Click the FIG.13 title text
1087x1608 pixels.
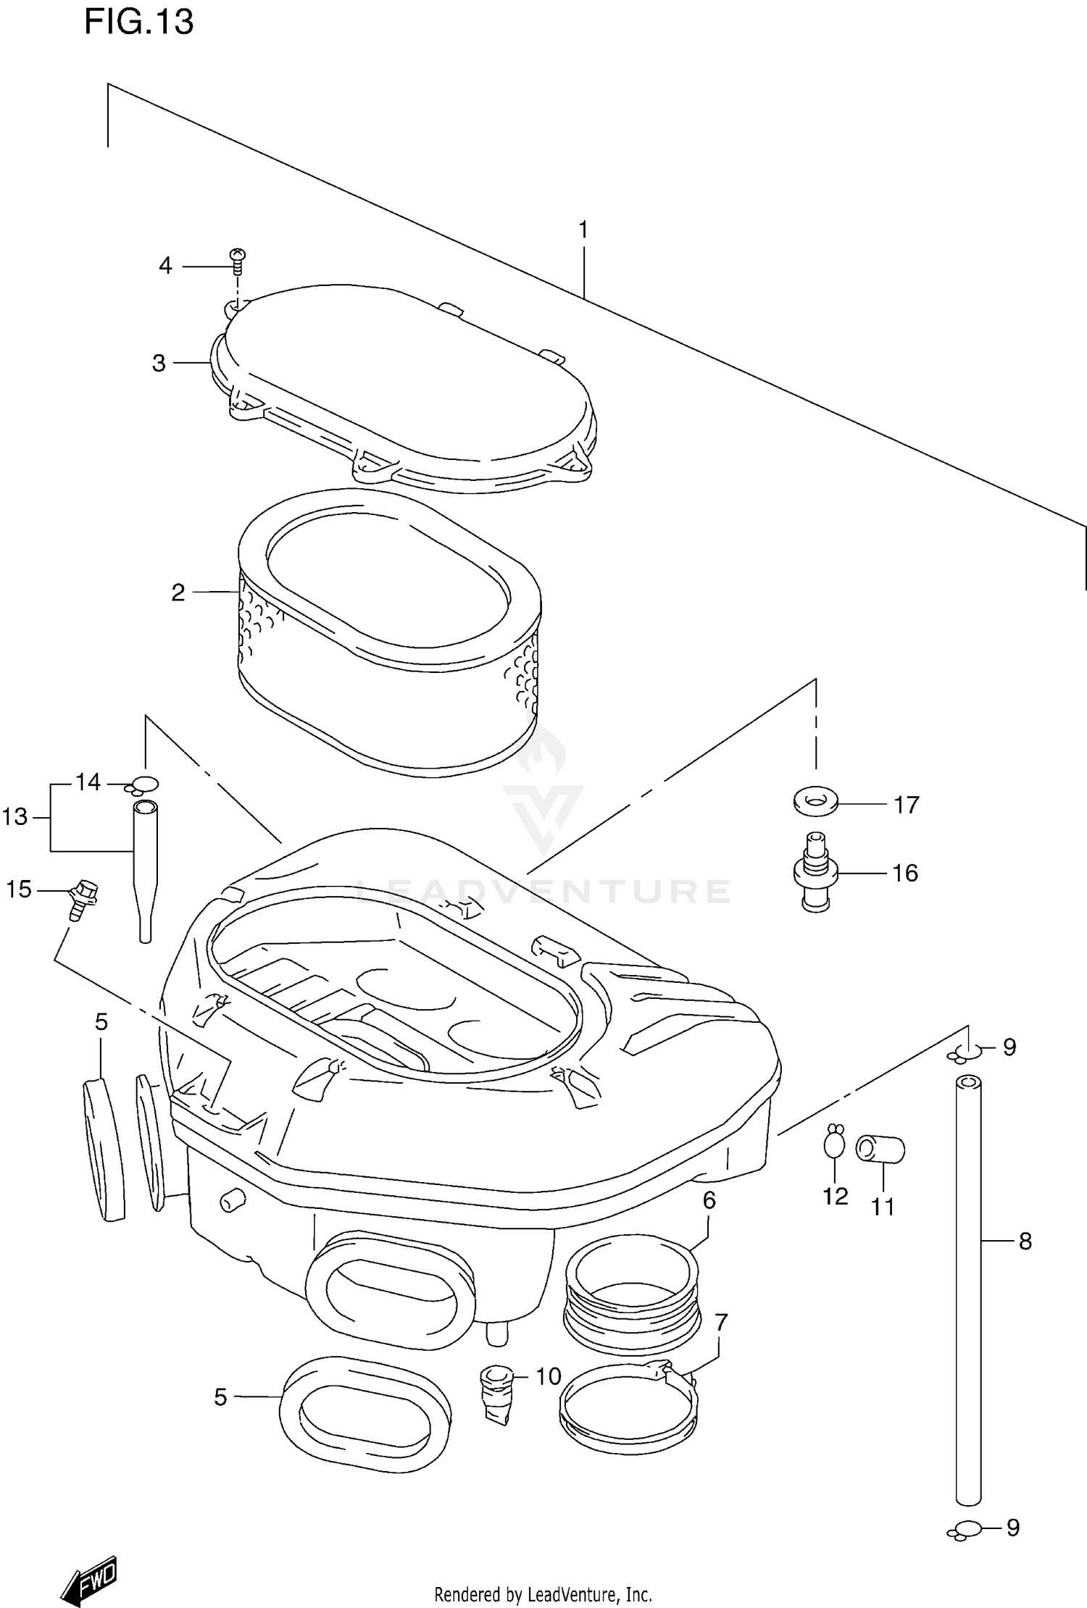pos(139,22)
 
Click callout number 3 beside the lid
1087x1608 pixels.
pos(159,363)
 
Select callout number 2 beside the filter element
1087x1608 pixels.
pos(178,592)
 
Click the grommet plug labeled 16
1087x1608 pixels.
pos(816,873)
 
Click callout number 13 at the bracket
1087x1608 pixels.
pos(14,817)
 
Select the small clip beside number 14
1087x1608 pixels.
pos(142,785)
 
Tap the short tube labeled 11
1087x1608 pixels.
pos(880,1150)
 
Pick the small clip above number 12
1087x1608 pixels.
pos(835,1143)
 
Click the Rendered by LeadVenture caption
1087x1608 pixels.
pos(543,1594)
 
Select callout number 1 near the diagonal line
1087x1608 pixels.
pos(583,230)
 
